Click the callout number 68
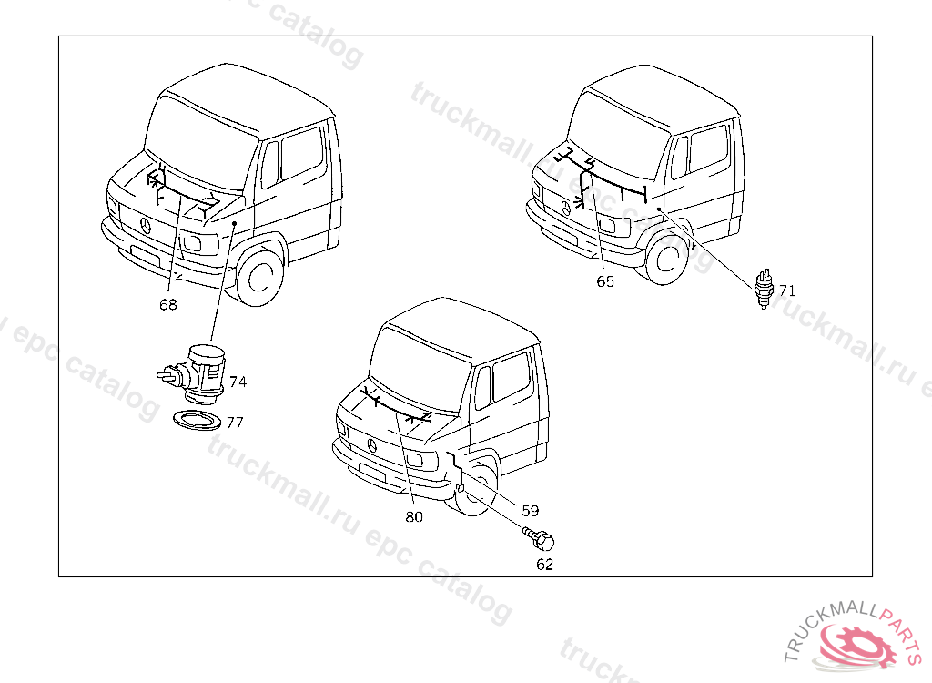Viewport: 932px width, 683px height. pos(168,305)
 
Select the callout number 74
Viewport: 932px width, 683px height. pos(238,382)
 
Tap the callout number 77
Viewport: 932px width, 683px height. pos(235,423)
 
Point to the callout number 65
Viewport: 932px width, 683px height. pos(605,281)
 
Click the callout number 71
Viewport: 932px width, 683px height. pos(787,291)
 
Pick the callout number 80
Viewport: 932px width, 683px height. pos(414,516)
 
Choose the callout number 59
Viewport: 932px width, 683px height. pos(531,511)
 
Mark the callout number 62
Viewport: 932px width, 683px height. pos(544,564)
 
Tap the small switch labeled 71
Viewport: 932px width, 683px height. pos(765,287)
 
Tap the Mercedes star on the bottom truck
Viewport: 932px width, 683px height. pos(372,444)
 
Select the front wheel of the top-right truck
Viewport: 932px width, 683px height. pos(669,258)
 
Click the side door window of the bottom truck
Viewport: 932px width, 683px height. pos(510,376)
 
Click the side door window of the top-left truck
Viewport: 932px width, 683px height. pos(301,153)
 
